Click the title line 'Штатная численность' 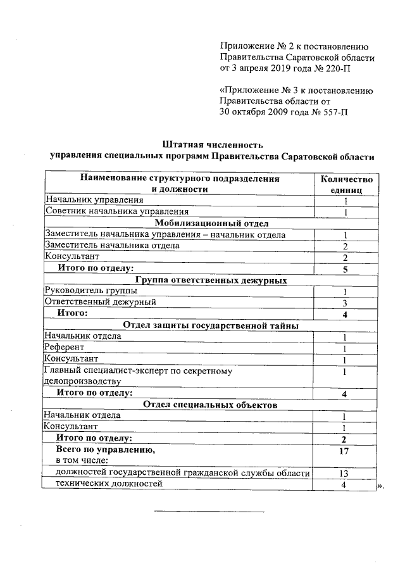(x=211, y=144)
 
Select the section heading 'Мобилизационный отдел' (x=212, y=223)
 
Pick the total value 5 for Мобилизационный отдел (x=346, y=268)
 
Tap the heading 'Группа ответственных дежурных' (x=212, y=280)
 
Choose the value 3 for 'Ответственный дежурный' (x=346, y=303)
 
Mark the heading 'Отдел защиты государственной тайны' (x=212, y=325)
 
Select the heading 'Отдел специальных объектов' (x=212, y=405)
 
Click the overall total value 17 (x=346, y=451)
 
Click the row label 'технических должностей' (x=109, y=484)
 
